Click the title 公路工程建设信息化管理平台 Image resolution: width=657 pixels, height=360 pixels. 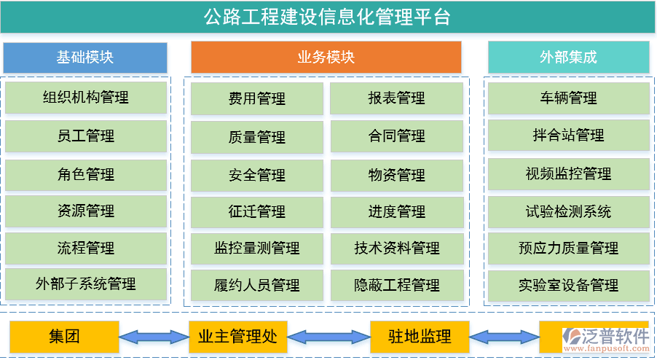point(328,17)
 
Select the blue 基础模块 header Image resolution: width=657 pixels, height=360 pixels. point(85,57)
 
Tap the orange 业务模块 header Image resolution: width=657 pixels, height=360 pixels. point(326,57)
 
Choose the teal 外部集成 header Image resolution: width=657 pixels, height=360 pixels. point(568,57)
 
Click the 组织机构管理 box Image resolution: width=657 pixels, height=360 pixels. point(85,98)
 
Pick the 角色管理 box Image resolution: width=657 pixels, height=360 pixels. point(85,174)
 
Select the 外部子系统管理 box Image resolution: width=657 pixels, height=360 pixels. point(85,283)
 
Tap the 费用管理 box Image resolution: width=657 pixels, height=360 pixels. point(256,98)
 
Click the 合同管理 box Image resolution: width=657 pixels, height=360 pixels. point(396,136)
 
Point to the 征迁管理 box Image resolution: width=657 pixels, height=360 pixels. point(256,212)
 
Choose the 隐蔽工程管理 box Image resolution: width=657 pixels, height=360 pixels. point(396,285)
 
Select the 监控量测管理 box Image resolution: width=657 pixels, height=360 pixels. point(256,248)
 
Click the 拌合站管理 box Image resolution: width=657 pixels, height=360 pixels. point(568,136)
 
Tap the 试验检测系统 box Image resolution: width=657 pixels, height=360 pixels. point(568,212)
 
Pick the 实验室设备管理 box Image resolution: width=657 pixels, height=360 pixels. point(568,285)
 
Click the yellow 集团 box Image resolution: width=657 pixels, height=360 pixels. point(64,337)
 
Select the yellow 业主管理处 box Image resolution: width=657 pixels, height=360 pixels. point(237,337)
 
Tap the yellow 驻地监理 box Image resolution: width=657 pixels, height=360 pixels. point(419,337)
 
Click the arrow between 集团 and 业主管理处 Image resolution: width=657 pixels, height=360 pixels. point(153,337)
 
